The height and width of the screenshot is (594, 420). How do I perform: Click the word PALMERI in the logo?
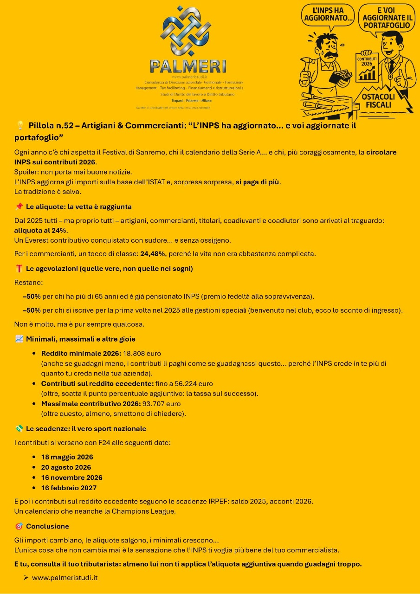point(188,66)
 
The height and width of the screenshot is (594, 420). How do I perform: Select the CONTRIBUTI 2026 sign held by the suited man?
point(367,65)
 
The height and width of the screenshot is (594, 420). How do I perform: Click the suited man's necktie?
point(392,66)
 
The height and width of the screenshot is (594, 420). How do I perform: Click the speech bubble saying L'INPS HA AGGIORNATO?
point(327,15)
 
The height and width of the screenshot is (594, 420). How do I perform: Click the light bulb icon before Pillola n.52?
point(20,125)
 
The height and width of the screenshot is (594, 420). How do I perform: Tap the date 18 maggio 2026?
point(67,457)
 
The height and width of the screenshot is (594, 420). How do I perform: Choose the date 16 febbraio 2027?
point(69,488)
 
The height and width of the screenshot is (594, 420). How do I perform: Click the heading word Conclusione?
point(47,526)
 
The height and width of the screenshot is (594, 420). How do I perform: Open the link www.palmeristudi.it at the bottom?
point(65,578)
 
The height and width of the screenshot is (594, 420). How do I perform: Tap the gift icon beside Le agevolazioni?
point(19,268)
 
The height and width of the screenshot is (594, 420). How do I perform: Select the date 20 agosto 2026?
point(66,467)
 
